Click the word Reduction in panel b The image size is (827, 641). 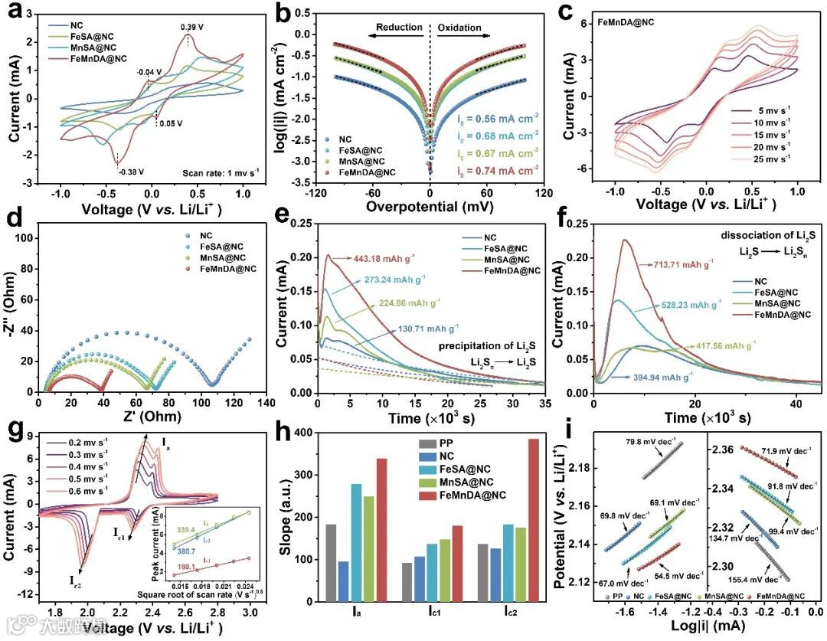click(x=398, y=28)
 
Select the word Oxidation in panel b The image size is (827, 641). click(x=459, y=28)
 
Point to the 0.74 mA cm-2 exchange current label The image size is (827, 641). click(x=502, y=169)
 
